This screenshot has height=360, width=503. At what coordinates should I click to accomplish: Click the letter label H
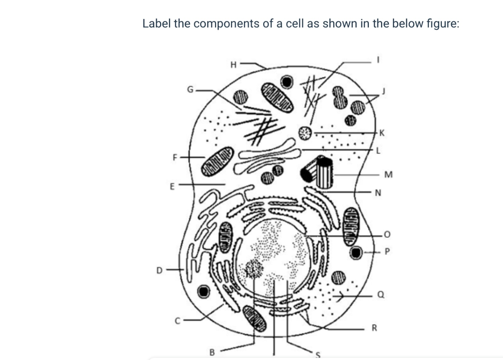point(234,65)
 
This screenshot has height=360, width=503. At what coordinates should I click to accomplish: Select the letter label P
point(386,252)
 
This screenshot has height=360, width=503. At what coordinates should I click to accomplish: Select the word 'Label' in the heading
point(156,23)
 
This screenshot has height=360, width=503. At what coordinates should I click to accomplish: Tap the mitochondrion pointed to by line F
point(218,159)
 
